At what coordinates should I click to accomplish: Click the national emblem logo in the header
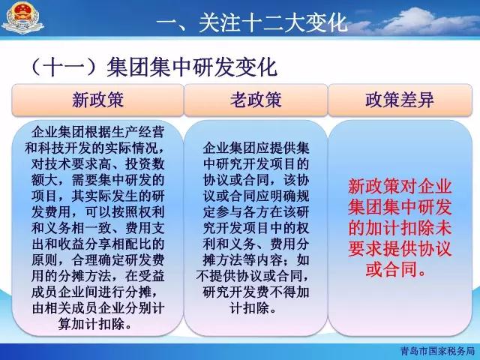coord(22,18)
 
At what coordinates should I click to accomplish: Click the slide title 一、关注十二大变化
coord(253,22)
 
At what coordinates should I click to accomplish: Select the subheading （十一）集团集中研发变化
coord(154,67)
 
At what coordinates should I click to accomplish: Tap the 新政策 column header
coord(98,100)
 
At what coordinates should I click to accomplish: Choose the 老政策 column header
coord(256,100)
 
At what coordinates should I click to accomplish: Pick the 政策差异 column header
coord(400,100)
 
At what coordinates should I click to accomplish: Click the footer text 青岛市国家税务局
coord(438,351)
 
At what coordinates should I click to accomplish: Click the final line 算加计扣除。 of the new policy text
coord(94,324)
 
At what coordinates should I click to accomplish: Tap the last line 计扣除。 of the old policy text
coord(253,308)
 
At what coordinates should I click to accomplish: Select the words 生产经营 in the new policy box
coord(138,133)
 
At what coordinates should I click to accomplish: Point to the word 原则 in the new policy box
coord(44,260)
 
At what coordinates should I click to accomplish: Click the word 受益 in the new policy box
coord(151,276)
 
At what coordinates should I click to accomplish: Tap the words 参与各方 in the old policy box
coord(242,212)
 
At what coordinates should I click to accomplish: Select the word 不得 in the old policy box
coord(282,292)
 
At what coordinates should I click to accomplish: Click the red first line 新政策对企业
coord(400,187)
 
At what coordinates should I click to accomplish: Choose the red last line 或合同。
coord(397,270)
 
